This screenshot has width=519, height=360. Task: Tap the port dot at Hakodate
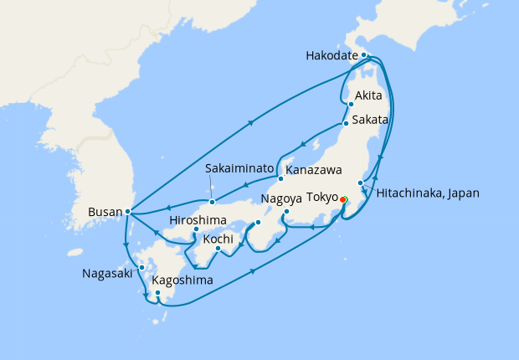(364, 55)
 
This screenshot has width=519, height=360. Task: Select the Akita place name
(369, 95)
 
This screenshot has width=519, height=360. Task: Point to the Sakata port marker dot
(345, 124)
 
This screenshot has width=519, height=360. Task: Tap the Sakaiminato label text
(239, 168)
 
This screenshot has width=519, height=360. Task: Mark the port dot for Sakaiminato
(213, 201)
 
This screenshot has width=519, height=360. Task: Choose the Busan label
(105, 213)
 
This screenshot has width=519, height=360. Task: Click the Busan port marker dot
(127, 212)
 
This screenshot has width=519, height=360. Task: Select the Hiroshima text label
(198, 220)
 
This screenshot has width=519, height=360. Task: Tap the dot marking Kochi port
(218, 248)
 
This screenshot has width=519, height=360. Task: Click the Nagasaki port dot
(141, 267)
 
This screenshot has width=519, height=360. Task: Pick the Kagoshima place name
(182, 280)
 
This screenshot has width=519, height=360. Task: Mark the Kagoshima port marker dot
(157, 293)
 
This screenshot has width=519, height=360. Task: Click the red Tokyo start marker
(343, 199)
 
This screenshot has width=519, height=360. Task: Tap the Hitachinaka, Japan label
(427, 193)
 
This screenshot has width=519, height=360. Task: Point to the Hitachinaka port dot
(360, 183)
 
